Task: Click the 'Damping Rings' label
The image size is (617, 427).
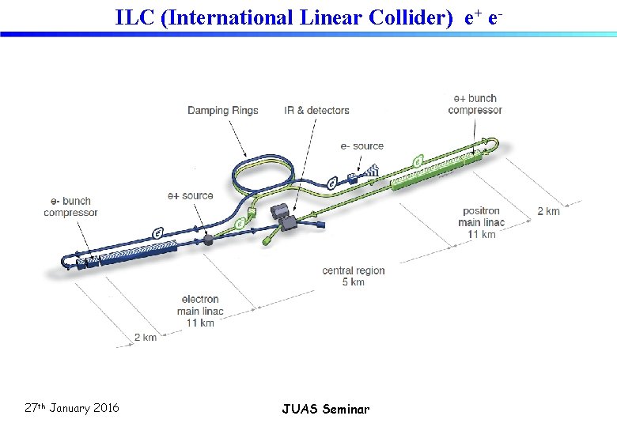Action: click(222, 110)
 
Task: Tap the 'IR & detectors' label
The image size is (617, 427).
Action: click(316, 110)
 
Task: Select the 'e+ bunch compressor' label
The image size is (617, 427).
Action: click(475, 104)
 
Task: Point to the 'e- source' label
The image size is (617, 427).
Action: click(361, 145)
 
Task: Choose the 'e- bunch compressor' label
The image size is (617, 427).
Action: click(70, 206)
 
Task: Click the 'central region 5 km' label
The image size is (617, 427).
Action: click(354, 276)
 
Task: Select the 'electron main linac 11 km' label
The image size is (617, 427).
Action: click(200, 311)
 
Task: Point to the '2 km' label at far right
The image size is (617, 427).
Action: click(548, 211)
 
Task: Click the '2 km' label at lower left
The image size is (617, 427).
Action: click(146, 338)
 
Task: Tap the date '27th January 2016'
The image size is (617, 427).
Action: click(72, 408)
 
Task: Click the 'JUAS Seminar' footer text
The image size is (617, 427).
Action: click(325, 409)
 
